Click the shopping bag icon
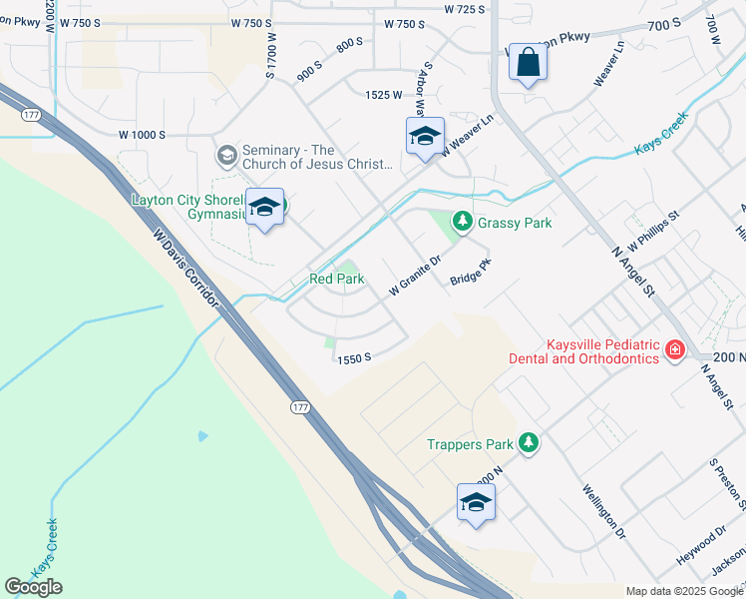click(x=528, y=65)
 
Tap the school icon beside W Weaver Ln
click(x=425, y=138)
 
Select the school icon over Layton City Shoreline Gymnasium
click(x=264, y=208)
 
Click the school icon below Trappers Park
click(x=476, y=503)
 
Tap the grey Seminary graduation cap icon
click(x=226, y=156)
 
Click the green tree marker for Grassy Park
click(x=462, y=222)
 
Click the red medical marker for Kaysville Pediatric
click(x=675, y=349)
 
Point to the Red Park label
click(x=337, y=280)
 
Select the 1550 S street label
click(x=354, y=357)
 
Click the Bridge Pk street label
click(x=471, y=272)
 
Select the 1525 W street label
click(x=384, y=95)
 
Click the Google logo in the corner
click(x=33, y=587)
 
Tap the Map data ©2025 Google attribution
click(x=684, y=591)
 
